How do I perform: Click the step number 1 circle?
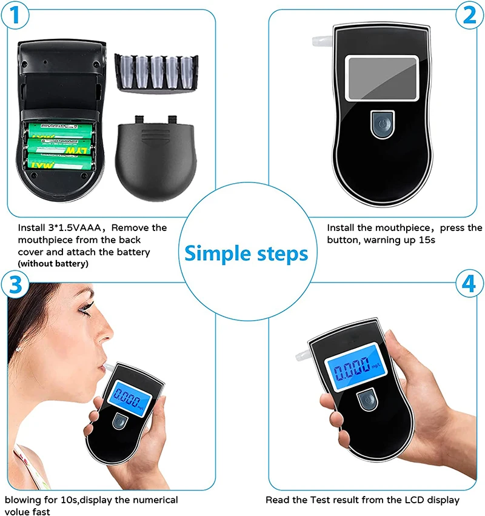click(15, 15)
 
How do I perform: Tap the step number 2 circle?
click(469, 15)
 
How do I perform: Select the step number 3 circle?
click(15, 284)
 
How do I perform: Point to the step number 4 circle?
click(469, 284)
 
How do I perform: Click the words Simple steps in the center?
click(246, 253)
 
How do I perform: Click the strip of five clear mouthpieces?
click(156, 73)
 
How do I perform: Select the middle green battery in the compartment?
click(59, 146)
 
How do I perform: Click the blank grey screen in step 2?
click(382, 78)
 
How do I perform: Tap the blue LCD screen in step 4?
click(356, 367)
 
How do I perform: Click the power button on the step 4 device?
click(367, 399)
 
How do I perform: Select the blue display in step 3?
click(130, 398)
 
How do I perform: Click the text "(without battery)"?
click(53, 264)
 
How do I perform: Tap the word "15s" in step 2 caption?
click(427, 240)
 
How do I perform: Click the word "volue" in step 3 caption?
click(16, 511)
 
